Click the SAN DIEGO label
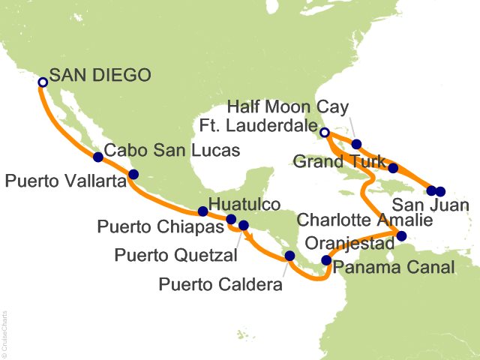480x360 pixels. click(x=100, y=76)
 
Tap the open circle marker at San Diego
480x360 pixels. click(x=43, y=82)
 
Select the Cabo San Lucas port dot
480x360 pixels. click(x=97, y=157)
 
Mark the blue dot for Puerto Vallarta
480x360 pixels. click(x=133, y=175)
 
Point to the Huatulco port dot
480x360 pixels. click(x=202, y=211)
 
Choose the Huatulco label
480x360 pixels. click(x=244, y=204)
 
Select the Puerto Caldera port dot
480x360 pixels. click(x=289, y=257)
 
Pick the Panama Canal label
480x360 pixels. click(x=394, y=268)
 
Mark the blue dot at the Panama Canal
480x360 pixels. click(x=325, y=261)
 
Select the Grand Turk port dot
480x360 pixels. click(x=393, y=168)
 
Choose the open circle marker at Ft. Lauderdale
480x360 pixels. click(x=324, y=133)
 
